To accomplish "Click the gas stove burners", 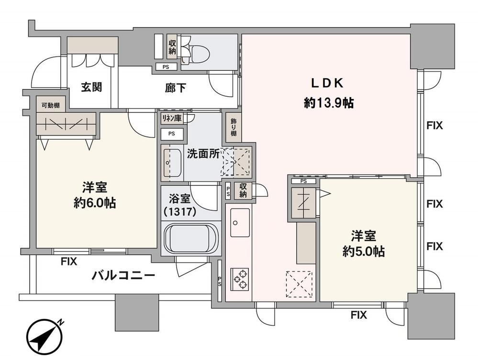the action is (240, 278).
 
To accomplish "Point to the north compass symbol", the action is (45, 337).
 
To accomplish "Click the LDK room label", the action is (327, 83).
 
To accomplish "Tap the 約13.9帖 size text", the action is (329, 103).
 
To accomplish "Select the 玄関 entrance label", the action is (91, 88).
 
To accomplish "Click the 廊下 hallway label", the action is (176, 88).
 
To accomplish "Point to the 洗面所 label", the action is (203, 154).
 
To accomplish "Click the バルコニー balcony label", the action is (123, 276).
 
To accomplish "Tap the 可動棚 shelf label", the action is (51, 106).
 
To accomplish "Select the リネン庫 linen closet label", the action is (172, 118).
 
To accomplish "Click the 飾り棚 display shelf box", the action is (233, 127).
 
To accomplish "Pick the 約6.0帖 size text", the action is (95, 202).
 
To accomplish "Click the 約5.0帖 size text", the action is (363, 251).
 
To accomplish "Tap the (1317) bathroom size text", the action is (180, 212).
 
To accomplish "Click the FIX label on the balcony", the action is (69, 261).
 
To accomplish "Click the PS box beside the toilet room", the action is (166, 67).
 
